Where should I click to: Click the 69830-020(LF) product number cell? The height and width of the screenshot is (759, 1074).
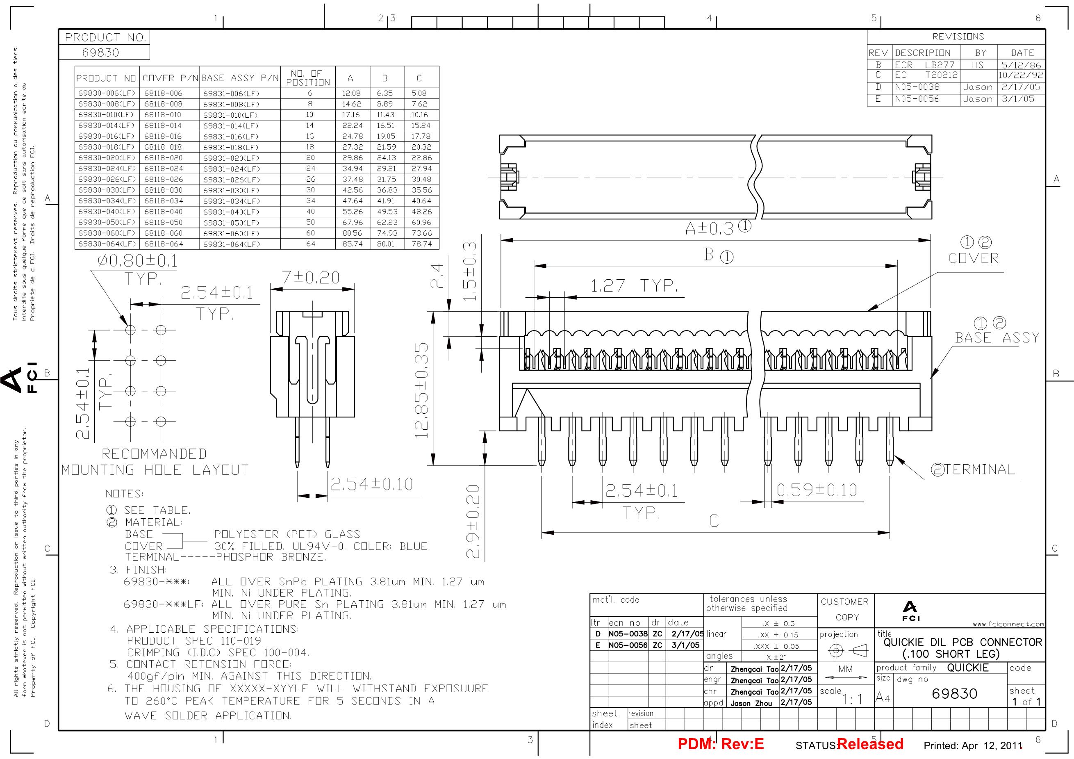click(x=107, y=158)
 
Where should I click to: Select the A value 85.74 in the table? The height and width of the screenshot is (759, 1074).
click(x=352, y=244)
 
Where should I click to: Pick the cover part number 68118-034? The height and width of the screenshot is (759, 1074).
click(x=163, y=201)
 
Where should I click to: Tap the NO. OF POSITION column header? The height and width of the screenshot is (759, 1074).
click(x=308, y=77)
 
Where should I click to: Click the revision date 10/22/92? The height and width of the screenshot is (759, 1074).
click(x=1021, y=75)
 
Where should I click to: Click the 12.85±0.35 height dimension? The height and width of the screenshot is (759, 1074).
click(x=421, y=390)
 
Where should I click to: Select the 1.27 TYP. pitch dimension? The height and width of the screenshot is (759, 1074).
click(x=634, y=285)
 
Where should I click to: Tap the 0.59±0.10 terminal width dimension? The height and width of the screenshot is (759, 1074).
click(x=817, y=490)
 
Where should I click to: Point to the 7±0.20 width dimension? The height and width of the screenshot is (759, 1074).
click(x=311, y=278)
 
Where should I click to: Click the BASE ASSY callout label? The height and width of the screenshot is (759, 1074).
click(x=997, y=337)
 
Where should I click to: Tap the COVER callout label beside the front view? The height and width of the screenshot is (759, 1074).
click(x=974, y=258)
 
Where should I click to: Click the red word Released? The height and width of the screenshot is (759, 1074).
click(x=870, y=744)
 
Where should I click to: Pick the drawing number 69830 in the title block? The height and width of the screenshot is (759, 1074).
click(x=954, y=693)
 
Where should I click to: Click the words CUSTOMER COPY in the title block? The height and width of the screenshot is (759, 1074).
click(x=845, y=610)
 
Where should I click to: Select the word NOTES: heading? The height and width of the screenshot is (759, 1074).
click(x=125, y=494)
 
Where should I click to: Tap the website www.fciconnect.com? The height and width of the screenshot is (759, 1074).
click(x=1008, y=624)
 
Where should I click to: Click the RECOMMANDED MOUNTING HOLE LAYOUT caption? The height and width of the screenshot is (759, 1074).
click(x=155, y=462)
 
